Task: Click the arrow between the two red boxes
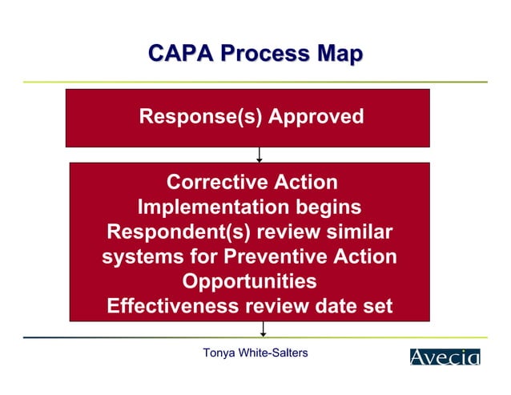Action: (x=259, y=155)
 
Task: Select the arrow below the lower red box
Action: (x=263, y=329)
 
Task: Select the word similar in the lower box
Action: (x=353, y=232)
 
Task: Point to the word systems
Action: (x=139, y=257)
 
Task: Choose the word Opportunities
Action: (x=249, y=282)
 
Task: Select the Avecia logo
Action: (x=445, y=357)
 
